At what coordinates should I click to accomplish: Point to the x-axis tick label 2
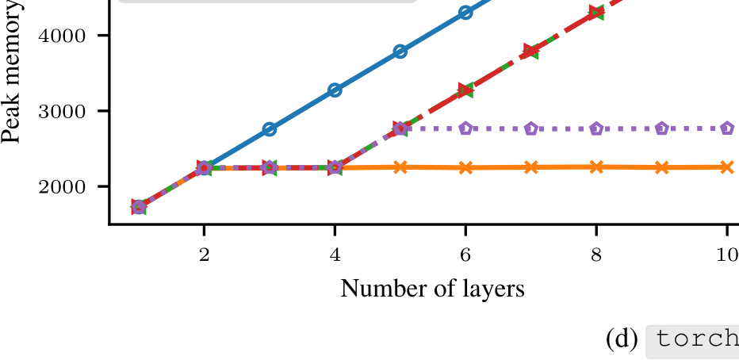(204, 255)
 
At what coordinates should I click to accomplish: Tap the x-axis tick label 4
(335, 255)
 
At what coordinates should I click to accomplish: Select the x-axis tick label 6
(465, 255)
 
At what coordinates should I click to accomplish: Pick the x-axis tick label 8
(596, 255)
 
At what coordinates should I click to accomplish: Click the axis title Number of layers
(432, 289)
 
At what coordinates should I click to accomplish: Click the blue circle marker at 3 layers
(269, 129)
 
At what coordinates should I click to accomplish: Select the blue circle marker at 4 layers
(335, 90)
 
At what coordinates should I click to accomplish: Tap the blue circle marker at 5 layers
(400, 52)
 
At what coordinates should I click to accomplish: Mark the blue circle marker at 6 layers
(465, 12)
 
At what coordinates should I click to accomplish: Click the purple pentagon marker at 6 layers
(465, 128)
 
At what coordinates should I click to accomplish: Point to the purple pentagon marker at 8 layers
(596, 128)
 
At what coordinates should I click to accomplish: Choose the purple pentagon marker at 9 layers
(662, 128)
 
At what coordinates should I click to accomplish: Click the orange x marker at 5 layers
(400, 167)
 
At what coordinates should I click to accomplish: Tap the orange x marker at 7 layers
(530, 167)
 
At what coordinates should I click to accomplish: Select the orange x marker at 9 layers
(662, 167)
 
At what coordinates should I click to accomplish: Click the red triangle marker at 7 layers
(530, 51)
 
